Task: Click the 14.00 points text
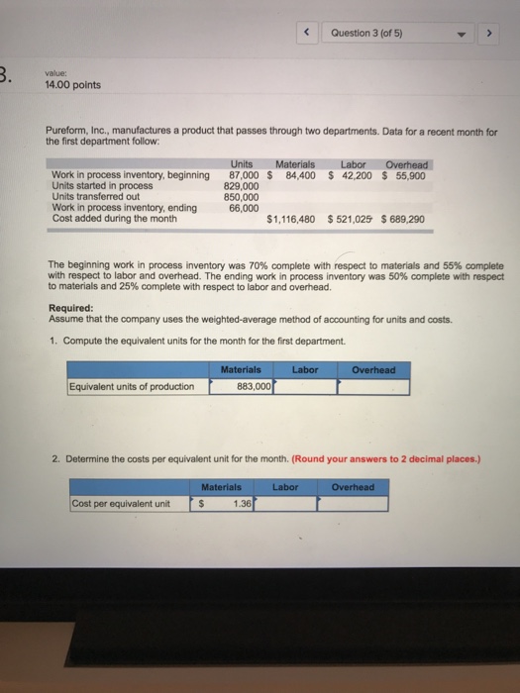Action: pos(73,85)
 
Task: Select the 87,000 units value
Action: pos(244,176)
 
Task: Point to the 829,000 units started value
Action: pos(244,186)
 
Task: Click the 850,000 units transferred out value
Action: pos(244,197)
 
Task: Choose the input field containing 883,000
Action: pos(241,386)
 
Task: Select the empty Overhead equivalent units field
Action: pos(373,386)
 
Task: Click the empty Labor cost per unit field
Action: pos(287,503)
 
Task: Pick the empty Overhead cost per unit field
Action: pos(354,503)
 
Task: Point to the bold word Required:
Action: pos(70,307)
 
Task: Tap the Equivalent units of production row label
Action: pos(132,386)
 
